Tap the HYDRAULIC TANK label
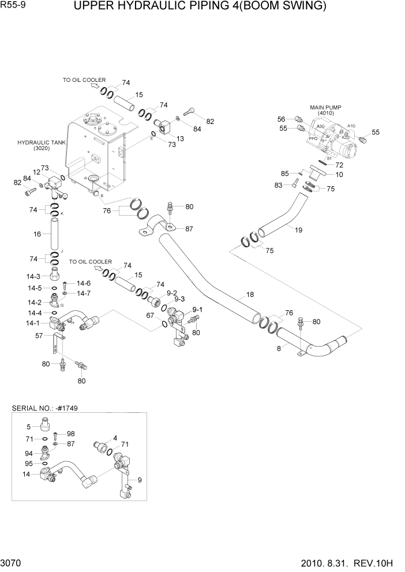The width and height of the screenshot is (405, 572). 42,142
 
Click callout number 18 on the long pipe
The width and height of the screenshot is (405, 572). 250,295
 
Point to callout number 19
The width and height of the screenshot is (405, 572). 298,229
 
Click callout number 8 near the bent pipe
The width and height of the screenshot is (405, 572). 279,348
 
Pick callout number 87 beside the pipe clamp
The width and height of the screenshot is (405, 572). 187,229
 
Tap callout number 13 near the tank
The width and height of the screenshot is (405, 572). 180,138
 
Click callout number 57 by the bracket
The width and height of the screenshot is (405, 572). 39,336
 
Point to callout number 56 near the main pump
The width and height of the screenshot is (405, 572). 282,119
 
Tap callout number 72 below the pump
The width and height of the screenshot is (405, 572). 340,165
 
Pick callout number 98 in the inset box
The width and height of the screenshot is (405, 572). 70,434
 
